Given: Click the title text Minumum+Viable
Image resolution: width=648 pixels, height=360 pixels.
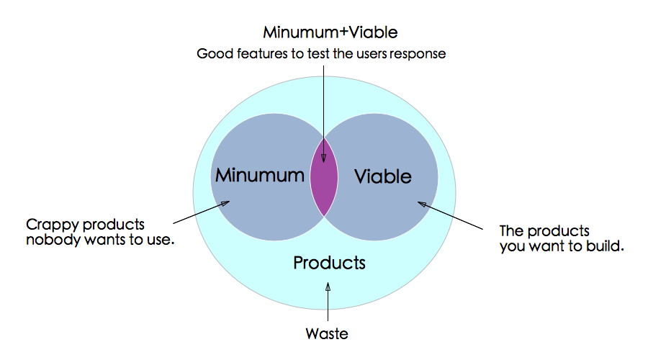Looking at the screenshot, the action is (330, 32).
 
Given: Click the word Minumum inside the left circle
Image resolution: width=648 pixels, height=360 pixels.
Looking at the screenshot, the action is (259, 175).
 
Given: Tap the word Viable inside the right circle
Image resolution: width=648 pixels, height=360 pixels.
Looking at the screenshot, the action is (383, 176).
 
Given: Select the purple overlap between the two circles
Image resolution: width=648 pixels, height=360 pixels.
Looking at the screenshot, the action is (324, 177).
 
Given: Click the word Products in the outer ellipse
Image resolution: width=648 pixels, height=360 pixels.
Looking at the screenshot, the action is (329, 263).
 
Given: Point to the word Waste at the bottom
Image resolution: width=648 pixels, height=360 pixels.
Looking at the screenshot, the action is (327, 333).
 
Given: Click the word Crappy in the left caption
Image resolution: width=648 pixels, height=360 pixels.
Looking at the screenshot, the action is (52, 225).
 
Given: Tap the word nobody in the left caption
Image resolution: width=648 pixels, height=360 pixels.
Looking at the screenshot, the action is (53, 240).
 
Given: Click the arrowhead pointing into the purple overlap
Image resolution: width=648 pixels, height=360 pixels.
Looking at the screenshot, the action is (323, 158).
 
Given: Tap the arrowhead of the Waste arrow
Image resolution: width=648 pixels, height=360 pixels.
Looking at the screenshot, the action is (328, 287).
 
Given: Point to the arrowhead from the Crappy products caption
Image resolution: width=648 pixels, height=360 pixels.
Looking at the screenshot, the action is (225, 203).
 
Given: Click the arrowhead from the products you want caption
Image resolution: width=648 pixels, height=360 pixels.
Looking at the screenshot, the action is (423, 204).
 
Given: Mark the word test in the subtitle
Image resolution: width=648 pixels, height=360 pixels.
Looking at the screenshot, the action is (318, 54).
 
